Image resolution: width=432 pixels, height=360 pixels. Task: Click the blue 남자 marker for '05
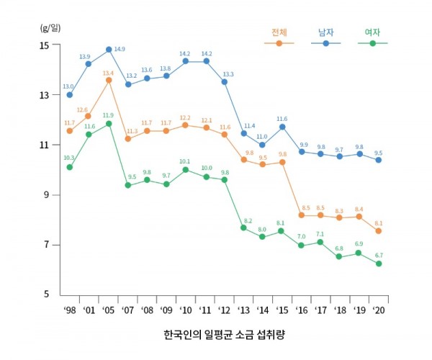point(109,50)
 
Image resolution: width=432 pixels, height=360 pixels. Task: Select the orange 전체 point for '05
point(109,80)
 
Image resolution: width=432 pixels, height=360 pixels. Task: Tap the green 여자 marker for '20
point(378,264)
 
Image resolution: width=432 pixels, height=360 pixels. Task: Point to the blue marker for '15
point(282,127)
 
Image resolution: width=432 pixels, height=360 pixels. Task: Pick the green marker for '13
point(243,228)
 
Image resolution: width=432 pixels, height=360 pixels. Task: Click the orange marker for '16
point(301,215)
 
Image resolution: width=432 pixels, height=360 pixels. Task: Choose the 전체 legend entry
point(279,33)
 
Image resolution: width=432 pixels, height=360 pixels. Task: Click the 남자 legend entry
point(325,33)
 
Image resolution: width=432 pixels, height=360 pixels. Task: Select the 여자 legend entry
point(372,33)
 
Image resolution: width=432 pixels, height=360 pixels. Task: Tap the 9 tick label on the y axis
point(46,195)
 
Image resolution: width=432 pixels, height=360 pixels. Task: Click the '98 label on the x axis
point(70,310)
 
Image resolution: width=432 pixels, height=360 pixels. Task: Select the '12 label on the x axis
point(224,310)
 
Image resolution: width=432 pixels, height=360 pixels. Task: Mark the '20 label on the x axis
point(378,310)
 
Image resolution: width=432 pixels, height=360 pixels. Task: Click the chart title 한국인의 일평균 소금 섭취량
point(225,336)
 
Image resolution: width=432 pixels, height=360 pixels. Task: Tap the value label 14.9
point(120,49)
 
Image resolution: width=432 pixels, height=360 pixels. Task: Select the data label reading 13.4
point(108,73)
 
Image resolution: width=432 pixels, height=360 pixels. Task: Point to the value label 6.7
point(378,256)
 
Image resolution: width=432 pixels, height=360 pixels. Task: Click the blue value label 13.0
point(68,86)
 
